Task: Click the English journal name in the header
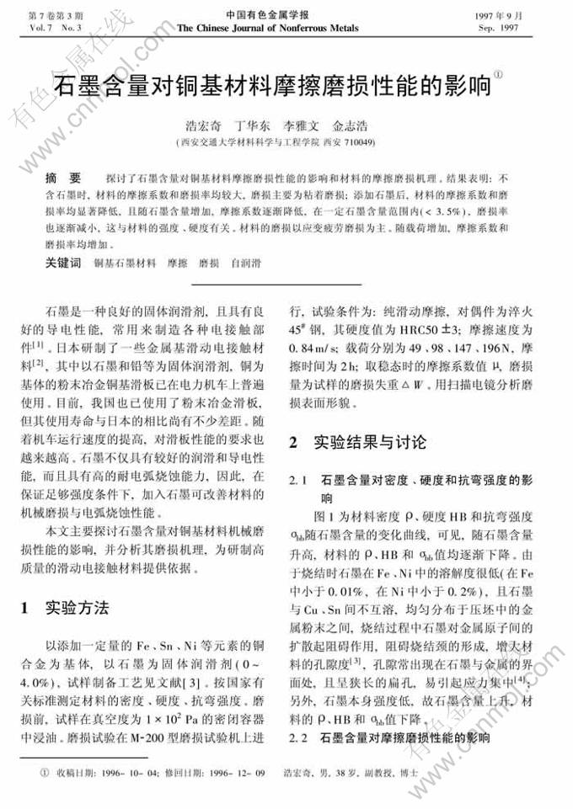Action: tap(267, 28)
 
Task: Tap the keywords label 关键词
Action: tap(63, 263)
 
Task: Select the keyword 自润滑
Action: tap(245, 263)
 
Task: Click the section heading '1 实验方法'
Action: tap(64, 607)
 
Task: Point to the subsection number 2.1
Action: tap(297, 480)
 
